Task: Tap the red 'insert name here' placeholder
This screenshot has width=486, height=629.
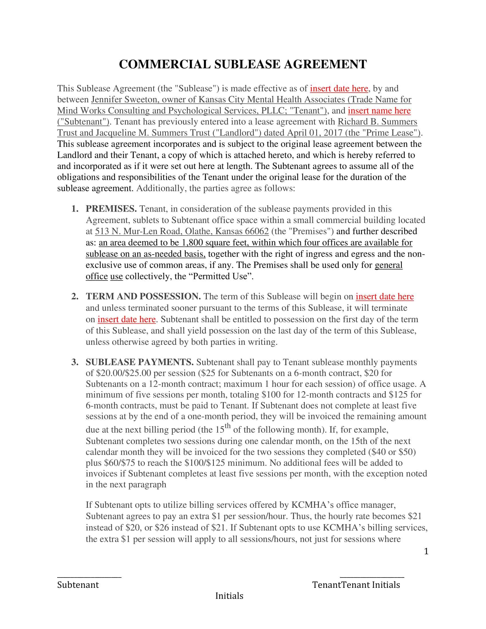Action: (x=379, y=111)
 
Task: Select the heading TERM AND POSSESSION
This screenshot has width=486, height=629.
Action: (x=143, y=296)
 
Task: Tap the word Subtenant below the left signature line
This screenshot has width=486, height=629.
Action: (x=78, y=585)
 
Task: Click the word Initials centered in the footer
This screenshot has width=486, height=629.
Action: (x=229, y=596)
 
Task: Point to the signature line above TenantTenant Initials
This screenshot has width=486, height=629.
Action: (x=372, y=577)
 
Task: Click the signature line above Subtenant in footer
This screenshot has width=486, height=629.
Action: (x=89, y=577)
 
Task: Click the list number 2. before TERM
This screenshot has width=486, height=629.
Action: (x=75, y=296)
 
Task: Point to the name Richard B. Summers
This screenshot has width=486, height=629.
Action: (x=377, y=122)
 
